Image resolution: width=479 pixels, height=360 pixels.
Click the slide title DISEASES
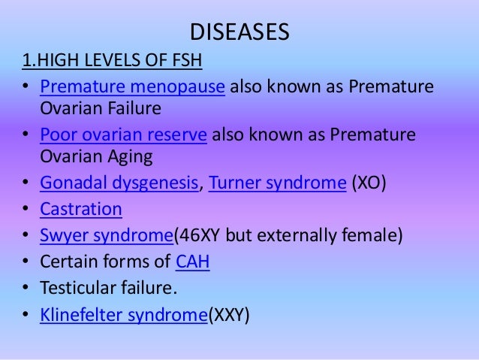239,33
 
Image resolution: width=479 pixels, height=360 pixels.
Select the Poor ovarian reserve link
123,135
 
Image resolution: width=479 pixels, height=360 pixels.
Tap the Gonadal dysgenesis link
120,184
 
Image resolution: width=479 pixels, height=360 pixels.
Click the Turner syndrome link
277,184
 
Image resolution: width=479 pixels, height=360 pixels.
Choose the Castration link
81,209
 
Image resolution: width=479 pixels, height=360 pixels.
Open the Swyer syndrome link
106,235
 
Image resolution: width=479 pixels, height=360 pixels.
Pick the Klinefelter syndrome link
123,314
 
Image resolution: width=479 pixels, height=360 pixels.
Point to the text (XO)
369,184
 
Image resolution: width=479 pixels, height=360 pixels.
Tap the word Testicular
77,288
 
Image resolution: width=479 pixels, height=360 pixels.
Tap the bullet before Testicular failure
26,289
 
